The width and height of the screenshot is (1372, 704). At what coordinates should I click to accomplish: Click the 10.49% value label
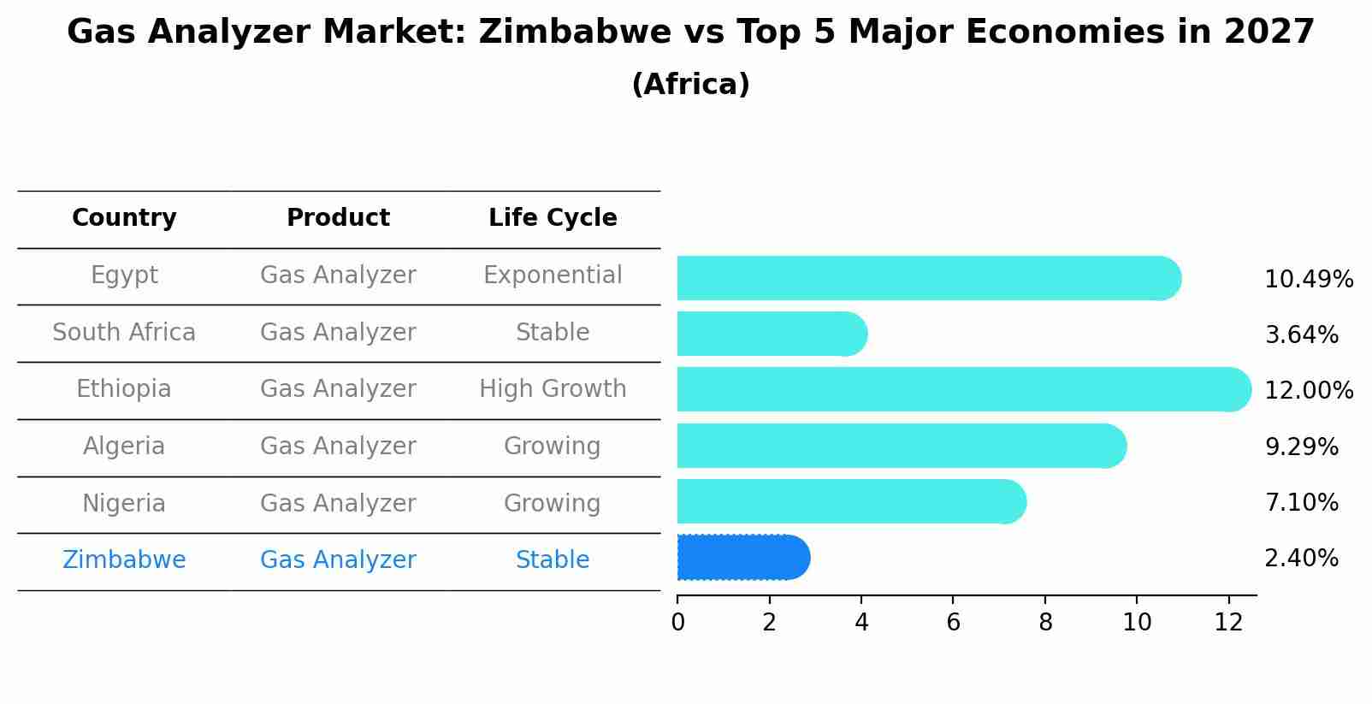tap(1308, 280)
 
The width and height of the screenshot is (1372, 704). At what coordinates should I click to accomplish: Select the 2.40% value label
tap(1300, 559)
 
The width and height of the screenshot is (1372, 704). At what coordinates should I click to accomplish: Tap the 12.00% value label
tap(1308, 391)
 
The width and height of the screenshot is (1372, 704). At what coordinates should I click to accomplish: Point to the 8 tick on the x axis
tap(1044, 623)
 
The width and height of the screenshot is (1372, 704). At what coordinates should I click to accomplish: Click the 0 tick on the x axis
tap(677, 623)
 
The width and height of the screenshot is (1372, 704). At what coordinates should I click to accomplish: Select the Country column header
tap(124, 218)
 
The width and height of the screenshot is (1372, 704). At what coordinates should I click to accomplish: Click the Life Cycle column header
tap(553, 218)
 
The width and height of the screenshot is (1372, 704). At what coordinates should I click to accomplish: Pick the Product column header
tap(338, 218)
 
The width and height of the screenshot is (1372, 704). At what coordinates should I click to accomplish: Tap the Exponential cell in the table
tap(553, 275)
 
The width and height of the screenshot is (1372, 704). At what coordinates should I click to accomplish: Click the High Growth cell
tap(553, 389)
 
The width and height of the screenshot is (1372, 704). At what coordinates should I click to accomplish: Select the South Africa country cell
tap(124, 333)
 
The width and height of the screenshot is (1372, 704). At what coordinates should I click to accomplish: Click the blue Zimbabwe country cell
tap(124, 560)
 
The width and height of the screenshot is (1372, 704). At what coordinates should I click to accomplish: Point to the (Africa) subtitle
tap(690, 85)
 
